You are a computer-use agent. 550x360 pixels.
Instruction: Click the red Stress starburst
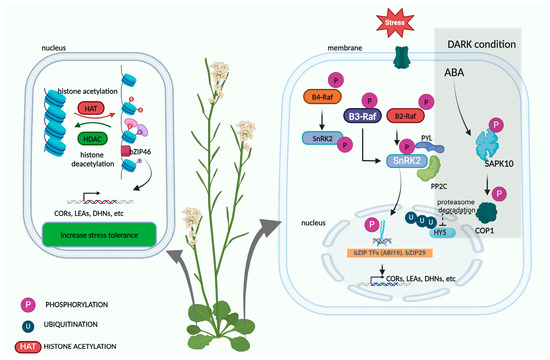tap(386, 18)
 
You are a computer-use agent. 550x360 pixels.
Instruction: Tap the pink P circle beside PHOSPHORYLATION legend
tap(24, 301)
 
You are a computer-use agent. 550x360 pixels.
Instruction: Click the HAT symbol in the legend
tap(25, 346)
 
